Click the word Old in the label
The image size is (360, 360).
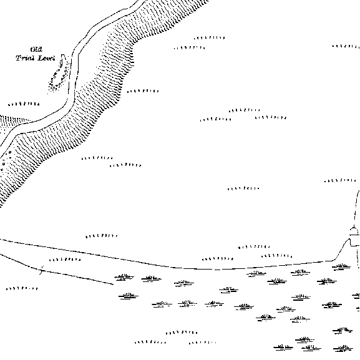[x=36, y=49]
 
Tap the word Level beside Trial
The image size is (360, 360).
[x=46, y=58]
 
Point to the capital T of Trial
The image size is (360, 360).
[x=19, y=58]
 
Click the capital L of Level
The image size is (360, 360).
[x=40, y=58]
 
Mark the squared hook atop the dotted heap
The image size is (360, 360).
[x=63, y=56]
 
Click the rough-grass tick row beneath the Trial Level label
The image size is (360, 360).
[x=24, y=104]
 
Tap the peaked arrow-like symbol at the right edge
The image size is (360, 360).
[x=354, y=230]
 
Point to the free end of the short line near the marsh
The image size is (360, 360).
[x=113, y=285]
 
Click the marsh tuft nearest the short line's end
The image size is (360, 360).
[x=124, y=277]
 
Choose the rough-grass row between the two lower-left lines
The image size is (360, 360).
[x=65, y=260]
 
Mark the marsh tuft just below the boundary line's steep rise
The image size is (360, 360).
[x=341, y=267]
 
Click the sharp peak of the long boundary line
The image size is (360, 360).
[x=349, y=239]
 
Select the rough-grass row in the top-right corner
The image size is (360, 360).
[x=346, y=46]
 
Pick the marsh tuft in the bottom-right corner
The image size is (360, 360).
[x=343, y=348]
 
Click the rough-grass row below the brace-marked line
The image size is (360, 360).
[x=22, y=288]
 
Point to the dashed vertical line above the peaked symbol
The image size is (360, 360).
[x=356, y=207]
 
